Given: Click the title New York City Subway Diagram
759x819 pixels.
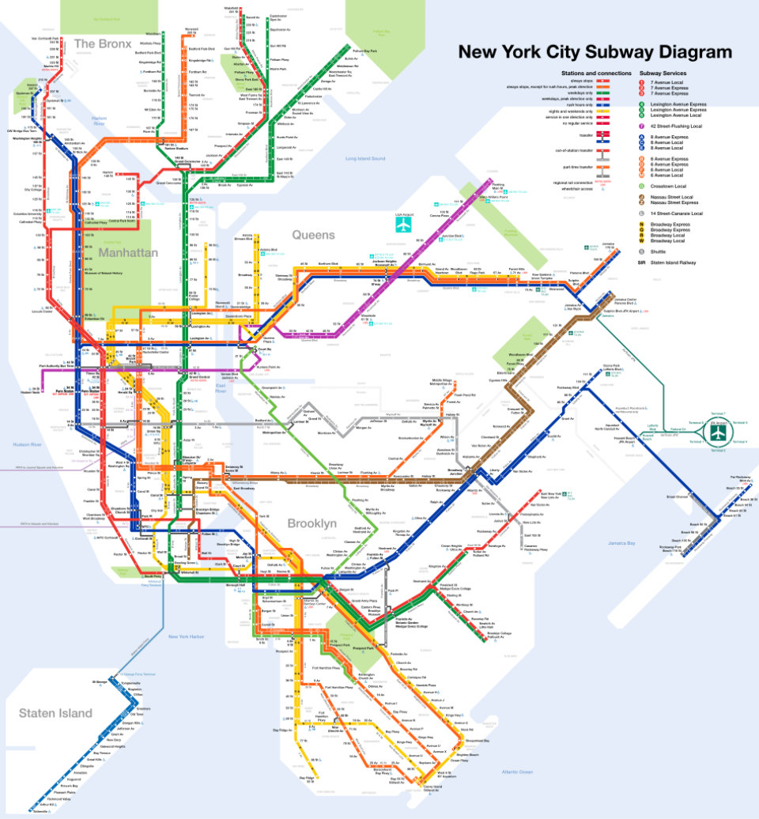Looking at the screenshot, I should click(595, 53).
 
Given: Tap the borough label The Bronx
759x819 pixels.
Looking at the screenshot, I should click(102, 43).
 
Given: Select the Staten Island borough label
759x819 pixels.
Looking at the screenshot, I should click(56, 713).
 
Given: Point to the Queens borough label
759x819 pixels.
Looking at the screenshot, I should click(314, 235).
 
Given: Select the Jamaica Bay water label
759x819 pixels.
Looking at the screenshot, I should click(617, 544).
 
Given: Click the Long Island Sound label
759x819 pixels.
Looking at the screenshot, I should click(364, 159).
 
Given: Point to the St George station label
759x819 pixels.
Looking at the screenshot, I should click(99, 681).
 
